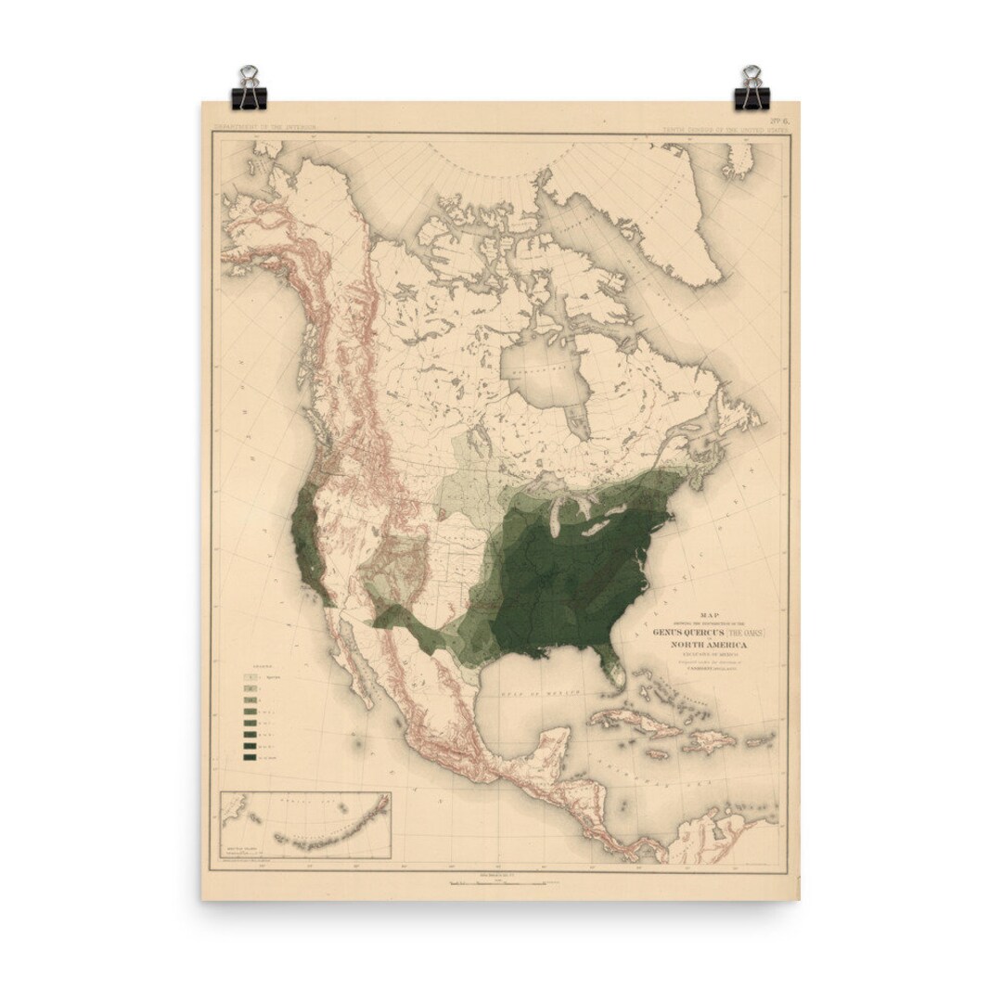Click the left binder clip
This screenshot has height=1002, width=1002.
(249, 89)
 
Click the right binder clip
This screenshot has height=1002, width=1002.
(751, 89)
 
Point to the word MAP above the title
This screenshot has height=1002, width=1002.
(710, 613)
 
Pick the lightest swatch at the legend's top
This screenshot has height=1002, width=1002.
(250, 678)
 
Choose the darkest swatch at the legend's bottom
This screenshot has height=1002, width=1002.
(250, 756)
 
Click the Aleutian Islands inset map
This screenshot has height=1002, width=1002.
(305, 825)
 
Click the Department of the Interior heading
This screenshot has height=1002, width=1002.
(264, 125)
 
